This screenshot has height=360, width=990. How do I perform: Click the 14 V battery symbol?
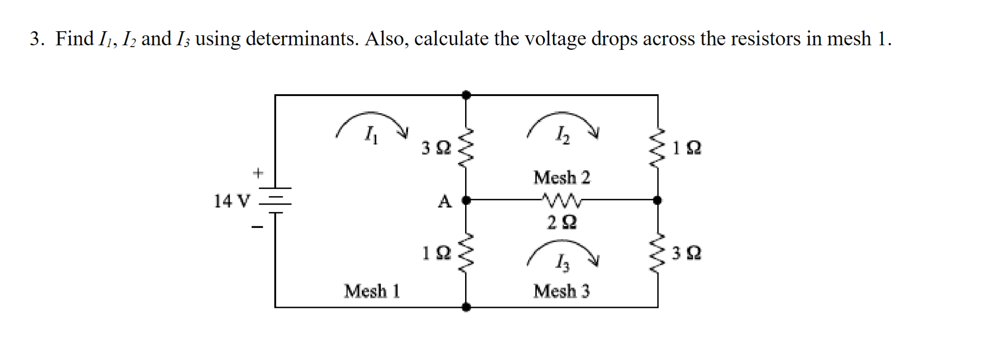pyautogui.click(x=275, y=200)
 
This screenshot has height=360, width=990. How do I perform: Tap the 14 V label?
pyautogui.click(x=231, y=201)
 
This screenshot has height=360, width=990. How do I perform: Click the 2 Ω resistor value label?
pyautogui.click(x=562, y=222)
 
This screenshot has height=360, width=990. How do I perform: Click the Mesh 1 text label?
pyautogui.click(x=372, y=291)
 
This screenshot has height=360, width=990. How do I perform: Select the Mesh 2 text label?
pyautogui.click(x=562, y=178)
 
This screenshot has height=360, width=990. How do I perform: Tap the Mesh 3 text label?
pyautogui.click(x=562, y=291)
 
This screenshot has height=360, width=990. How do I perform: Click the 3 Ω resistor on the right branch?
pyautogui.click(x=658, y=254)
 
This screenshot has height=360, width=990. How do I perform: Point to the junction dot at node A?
pyautogui.click(x=466, y=200)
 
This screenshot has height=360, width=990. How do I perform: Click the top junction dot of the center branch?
pyautogui.click(x=466, y=95)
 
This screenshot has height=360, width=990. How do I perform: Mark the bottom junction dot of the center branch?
pyautogui.click(x=466, y=307)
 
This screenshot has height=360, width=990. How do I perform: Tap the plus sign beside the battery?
pyautogui.click(x=257, y=173)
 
